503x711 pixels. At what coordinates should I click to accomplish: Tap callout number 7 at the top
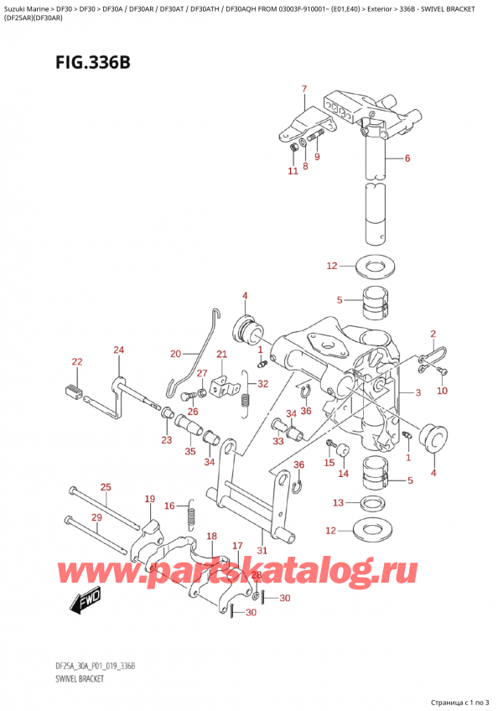point(304,90)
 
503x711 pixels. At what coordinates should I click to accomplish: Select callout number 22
point(77,362)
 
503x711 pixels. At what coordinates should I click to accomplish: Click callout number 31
point(262,550)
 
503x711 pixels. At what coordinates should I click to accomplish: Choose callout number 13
point(338,503)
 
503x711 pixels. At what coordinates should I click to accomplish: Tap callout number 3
point(417,393)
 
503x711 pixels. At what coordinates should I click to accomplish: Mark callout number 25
point(105,487)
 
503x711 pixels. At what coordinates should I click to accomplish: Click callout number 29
point(96,517)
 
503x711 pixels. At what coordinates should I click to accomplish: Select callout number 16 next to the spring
point(169,506)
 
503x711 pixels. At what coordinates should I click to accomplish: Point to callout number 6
point(407,158)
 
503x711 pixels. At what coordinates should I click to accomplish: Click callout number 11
point(292,172)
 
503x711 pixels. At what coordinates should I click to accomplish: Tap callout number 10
point(442,391)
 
